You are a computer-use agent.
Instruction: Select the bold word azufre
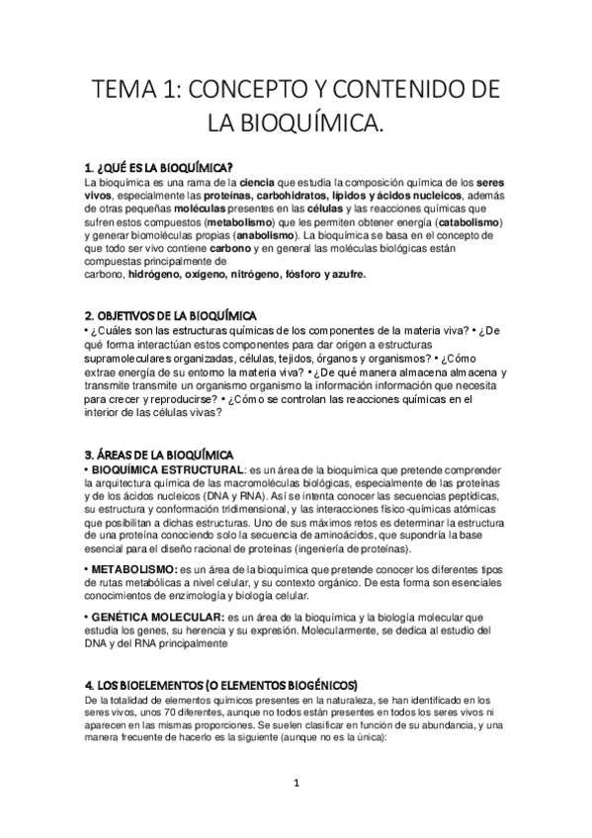(345, 275)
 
